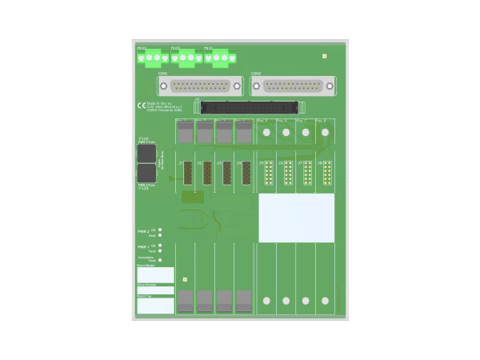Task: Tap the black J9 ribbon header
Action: click(249, 106)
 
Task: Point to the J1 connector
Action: click(188, 173)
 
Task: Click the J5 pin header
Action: click(268, 173)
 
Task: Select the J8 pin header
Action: click(327, 173)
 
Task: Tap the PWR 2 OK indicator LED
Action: click(160, 230)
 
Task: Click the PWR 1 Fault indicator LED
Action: click(160, 251)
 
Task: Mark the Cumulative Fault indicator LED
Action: click(160, 260)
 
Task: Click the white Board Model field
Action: click(155, 275)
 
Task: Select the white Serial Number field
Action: click(155, 290)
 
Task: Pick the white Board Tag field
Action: click(155, 306)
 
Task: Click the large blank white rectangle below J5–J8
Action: click(296, 218)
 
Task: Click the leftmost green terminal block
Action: click(152, 58)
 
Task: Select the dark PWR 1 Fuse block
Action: click(146, 153)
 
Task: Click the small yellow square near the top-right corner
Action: click(324, 57)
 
